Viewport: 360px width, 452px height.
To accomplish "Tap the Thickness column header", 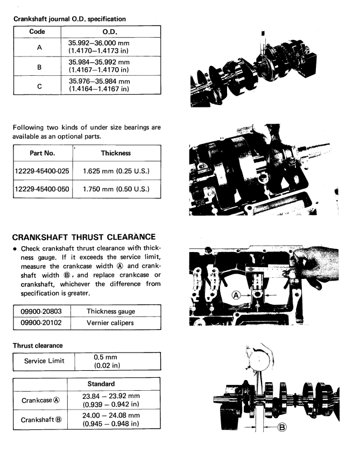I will pyautogui.click(x=116, y=153).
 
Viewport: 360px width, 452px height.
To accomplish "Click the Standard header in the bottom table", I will pyautogui.click(x=112, y=385).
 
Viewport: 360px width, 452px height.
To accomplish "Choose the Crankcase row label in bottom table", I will pyautogui.click(x=39, y=400).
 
